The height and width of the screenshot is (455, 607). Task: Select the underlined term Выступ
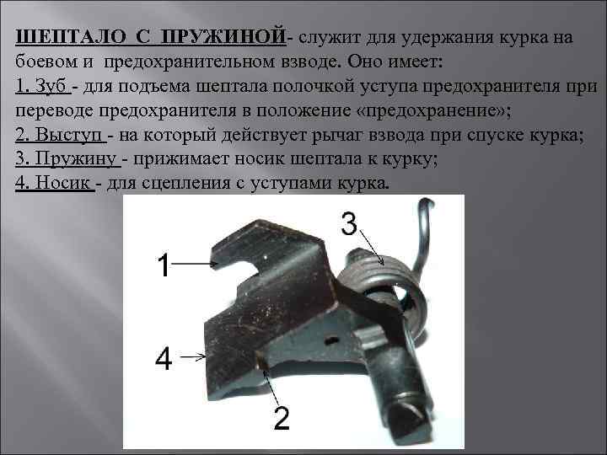[72, 136]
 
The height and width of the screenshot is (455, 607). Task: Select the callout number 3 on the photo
[351, 222]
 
